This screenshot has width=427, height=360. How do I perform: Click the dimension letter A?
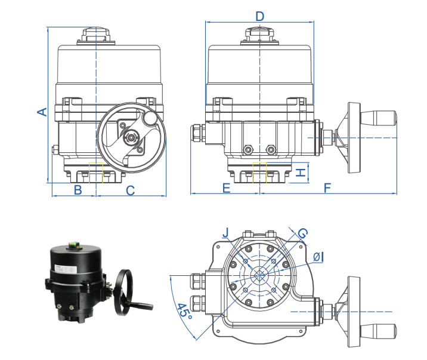pyautogui.click(x=42, y=112)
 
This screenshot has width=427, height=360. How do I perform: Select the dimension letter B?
pyautogui.click(x=77, y=190)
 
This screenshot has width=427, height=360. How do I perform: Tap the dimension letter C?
pyautogui.click(x=130, y=190)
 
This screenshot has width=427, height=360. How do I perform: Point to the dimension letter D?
pyautogui.click(x=259, y=16)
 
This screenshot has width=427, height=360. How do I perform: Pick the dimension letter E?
pyautogui.click(x=226, y=189)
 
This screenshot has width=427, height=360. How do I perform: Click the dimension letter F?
pyautogui.click(x=327, y=189)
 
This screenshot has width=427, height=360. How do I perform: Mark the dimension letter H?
pyautogui.click(x=301, y=173)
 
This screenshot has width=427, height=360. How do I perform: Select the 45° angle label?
pyautogui.click(x=184, y=311)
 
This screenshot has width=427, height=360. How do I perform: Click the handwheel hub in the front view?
pyautogui.click(x=130, y=137)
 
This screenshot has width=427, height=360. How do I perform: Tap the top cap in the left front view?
pyautogui.click(x=95, y=34)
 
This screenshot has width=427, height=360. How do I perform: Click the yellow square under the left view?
pyautogui.click(x=95, y=172)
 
